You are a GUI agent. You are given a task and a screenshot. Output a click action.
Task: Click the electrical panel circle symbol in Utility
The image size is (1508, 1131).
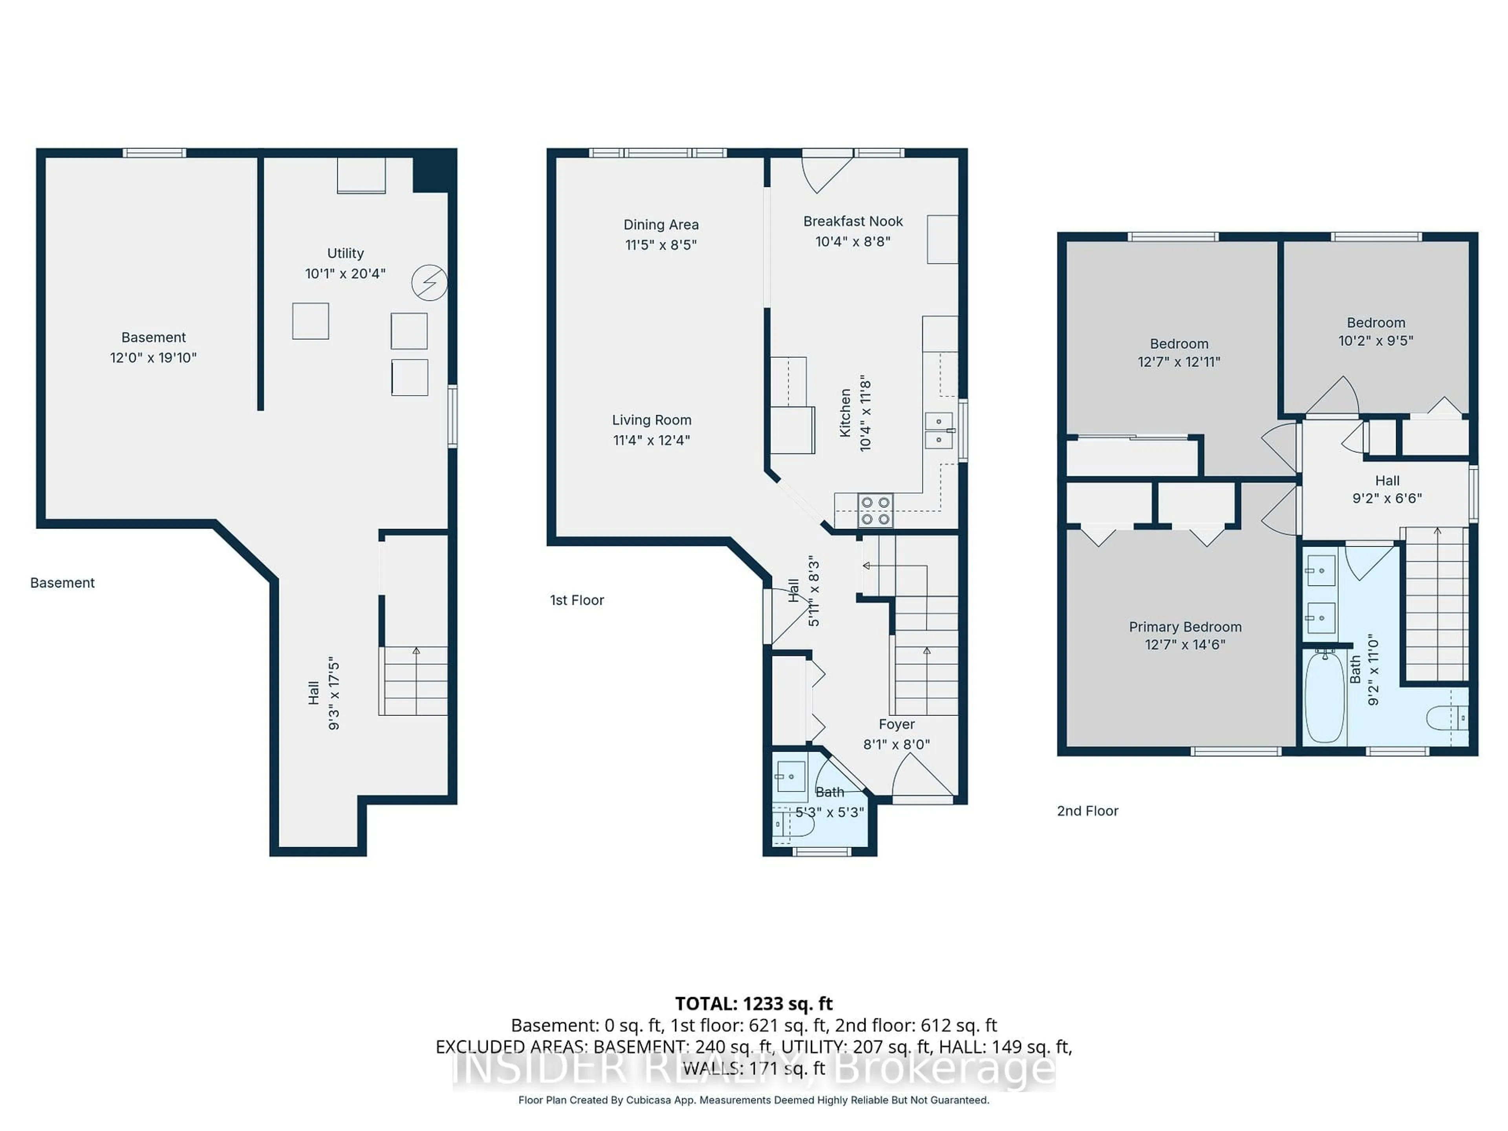point(430,282)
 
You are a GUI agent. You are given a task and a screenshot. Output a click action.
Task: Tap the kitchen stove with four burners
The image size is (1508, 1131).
point(875,511)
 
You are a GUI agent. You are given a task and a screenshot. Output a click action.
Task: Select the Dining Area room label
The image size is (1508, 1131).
point(661,224)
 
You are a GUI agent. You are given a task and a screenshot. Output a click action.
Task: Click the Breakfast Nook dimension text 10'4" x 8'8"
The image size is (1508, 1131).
point(853,242)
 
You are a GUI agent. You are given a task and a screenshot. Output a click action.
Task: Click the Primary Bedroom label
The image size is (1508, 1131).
point(1185,626)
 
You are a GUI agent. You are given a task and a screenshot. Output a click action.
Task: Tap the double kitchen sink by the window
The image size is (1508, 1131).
point(939,430)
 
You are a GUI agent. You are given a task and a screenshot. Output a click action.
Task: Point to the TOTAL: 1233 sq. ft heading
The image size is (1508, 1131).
point(753,1003)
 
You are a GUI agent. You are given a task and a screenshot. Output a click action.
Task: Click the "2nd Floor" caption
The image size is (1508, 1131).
point(1087,811)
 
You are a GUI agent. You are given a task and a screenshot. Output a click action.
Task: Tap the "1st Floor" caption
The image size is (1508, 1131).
point(577,600)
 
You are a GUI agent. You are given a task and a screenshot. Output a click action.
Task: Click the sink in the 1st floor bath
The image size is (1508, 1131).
point(791,776)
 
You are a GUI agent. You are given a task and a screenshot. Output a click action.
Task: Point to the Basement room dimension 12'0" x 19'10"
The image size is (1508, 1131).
point(154,357)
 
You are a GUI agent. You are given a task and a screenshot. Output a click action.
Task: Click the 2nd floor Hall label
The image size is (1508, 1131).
point(1387,481)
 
